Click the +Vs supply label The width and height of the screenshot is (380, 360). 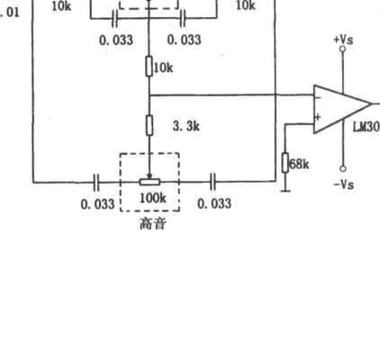pyautogui.click(x=343, y=40)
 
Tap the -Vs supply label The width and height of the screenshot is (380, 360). pyautogui.click(x=344, y=184)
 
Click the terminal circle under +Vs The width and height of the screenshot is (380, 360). pyautogui.click(x=343, y=49)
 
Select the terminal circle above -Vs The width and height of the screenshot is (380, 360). pyautogui.click(x=343, y=169)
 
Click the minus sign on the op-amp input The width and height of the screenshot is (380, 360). pyautogui.click(x=318, y=97)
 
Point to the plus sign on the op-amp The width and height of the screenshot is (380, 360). pyautogui.click(x=318, y=117)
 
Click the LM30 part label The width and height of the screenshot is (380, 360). pyautogui.click(x=366, y=127)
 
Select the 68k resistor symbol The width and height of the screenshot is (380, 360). pyautogui.click(x=285, y=163)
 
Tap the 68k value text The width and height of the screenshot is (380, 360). pyautogui.click(x=299, y=164)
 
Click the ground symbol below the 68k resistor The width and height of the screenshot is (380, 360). pyautogui.click(x=285, y=191)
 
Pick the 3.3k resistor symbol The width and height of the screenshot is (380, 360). pyautogui.click(x=149, y=125)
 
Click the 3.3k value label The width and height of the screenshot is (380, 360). pyautogui.click(x=186, y=126)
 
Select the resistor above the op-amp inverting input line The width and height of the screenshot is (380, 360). pyautogui.click(x=149, y=66)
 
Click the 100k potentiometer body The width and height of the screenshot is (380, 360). pyautogui.click(x=149, y=182)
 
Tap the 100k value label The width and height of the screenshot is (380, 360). pyautogui.click(x=153, y=198)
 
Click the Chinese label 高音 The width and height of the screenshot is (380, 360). pyautogui.click(x=153, y=224)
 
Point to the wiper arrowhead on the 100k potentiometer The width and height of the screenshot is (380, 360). pyautogui.click(x=149, y=176)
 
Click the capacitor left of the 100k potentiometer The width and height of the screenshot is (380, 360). pyautogui.click(x=96, y=182)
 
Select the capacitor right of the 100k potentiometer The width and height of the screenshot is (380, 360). pyautogui.click(x=213, y=182)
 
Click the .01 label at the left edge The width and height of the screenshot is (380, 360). pyautogui.click(x=10, y=13)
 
